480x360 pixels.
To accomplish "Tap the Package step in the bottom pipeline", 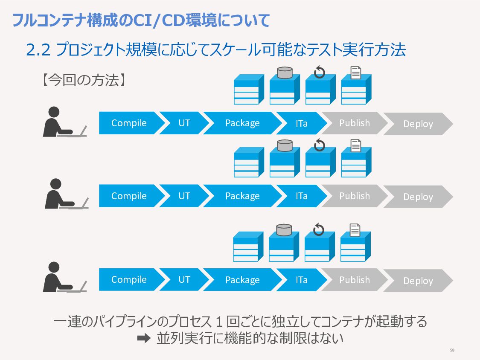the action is pyautogui.click(x=242, y=280).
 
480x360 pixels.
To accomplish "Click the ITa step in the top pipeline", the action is pyautogui.click(x=302, y=123).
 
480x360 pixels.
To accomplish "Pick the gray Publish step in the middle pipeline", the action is pyautogui.click(x=355, y=196).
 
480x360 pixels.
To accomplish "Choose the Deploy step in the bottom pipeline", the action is pyautogui.click(x=418, y=281).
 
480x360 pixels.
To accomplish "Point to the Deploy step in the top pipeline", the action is pyautogui.click(x=418, y=124).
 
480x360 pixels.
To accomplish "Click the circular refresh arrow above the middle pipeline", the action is pyautogui.click(x=319, y=145).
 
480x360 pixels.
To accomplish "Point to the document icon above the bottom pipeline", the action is pyautogui.click(x=355, y=230).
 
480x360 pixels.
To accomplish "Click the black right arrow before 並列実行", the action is pyautogui.click(x=143, y=338).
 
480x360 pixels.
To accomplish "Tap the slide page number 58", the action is pyautogui.click(x=452, y=350).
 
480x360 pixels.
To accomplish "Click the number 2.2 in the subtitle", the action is pyautogui.click(x=38, y=50).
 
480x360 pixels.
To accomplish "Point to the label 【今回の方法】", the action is pyautogui.click(x=83, y=80).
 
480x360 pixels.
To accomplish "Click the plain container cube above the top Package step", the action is pyautogui.click(x=249, y=89).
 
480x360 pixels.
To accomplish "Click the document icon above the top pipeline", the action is pyautogui.click(x=356, y=73).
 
